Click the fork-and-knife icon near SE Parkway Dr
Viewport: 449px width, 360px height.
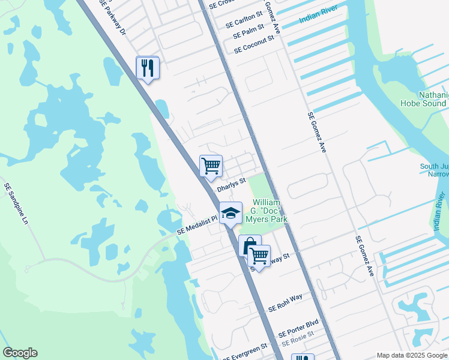point(148,68)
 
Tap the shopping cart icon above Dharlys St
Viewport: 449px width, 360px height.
point(211,166)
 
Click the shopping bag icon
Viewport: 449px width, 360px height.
point(249,245)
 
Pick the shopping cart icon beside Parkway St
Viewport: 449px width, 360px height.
point(259,256)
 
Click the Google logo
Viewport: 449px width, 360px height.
point(20,353)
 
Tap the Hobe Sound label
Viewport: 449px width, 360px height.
point(423,103)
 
